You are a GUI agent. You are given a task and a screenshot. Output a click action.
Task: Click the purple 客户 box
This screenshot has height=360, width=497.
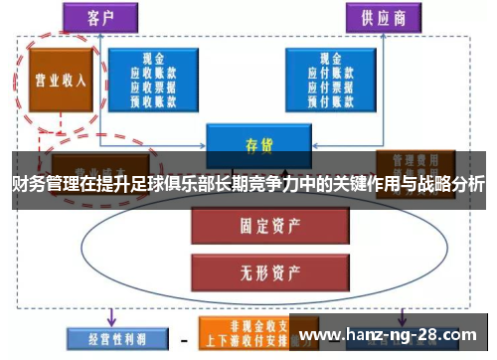tap(100, 17)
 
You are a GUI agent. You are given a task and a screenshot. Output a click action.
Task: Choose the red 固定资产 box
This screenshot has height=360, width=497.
tap(248, 226)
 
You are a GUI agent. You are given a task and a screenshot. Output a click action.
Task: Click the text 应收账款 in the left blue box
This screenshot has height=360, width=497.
tap(153, 73)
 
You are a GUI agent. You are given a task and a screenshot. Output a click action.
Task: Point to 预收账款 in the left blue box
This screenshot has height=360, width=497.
tap(153, 99)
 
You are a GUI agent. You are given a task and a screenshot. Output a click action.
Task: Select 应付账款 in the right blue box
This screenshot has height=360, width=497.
tap(330, 73)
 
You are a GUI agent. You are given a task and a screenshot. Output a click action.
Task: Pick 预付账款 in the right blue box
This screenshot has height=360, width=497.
tap(330, 99)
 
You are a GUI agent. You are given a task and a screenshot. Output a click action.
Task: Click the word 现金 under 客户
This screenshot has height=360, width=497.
tap(153, 59)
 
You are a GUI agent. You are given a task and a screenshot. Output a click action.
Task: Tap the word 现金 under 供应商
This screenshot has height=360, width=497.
tap(330, 59)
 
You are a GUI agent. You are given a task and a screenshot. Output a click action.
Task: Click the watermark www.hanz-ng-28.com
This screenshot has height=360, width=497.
tap(393, 334)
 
